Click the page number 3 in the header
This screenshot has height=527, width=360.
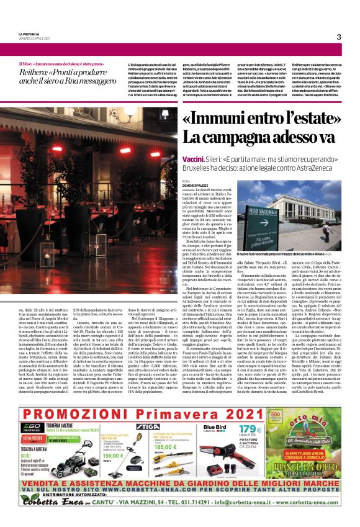click(339, 37)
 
